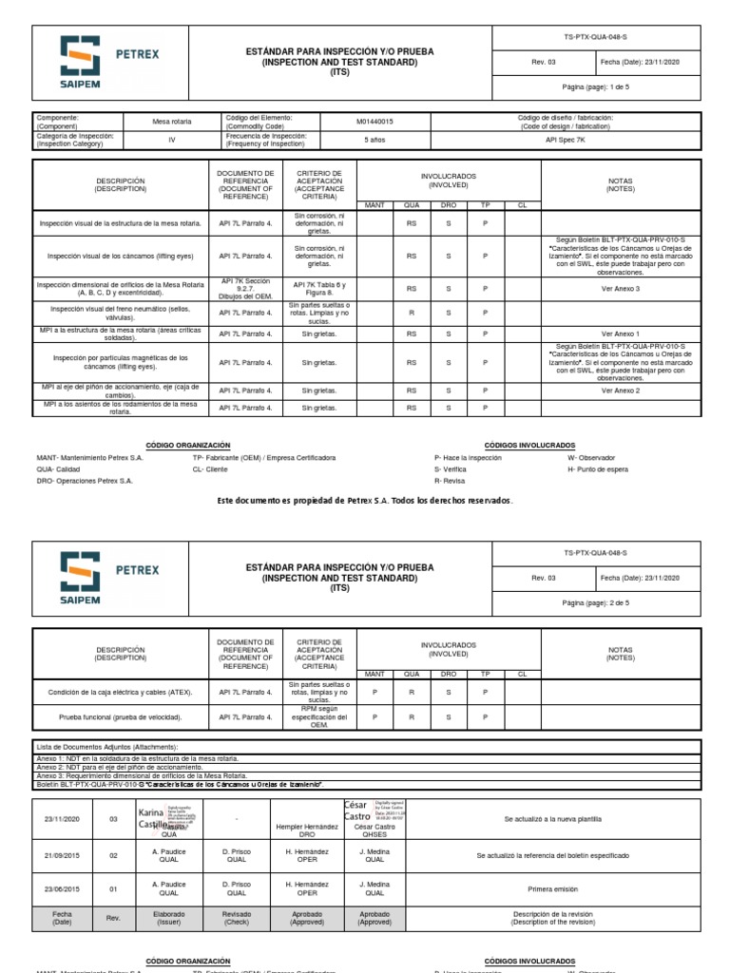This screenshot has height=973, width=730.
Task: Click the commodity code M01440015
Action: coord(376,122)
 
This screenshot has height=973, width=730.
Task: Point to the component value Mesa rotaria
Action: coord(172,122)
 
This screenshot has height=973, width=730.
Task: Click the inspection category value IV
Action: coord(172,139)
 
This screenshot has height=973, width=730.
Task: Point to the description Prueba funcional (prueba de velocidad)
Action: coord(121,717)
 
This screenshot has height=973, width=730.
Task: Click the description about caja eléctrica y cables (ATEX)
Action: coord(121,692)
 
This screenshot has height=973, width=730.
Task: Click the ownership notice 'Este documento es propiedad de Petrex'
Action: coord(365,500)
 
